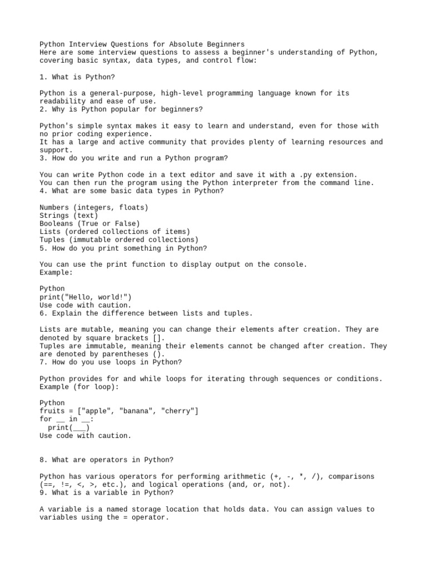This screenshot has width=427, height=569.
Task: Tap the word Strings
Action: point(54,215)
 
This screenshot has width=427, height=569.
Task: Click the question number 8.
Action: point(42,460)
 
